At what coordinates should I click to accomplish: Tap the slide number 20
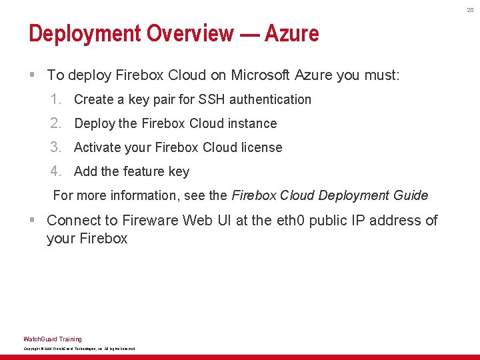coord(469,9)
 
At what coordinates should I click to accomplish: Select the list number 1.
coord(56,99)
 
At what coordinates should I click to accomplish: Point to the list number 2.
coord(56,123)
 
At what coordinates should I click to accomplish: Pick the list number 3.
coord(56,147)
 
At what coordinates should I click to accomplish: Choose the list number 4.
coord(56,171)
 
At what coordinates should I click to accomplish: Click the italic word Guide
coord(410,195)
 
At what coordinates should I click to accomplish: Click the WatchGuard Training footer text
coord(53,339)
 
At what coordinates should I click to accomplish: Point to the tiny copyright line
coord(79,349)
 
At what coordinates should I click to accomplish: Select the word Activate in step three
coord(98,147)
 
